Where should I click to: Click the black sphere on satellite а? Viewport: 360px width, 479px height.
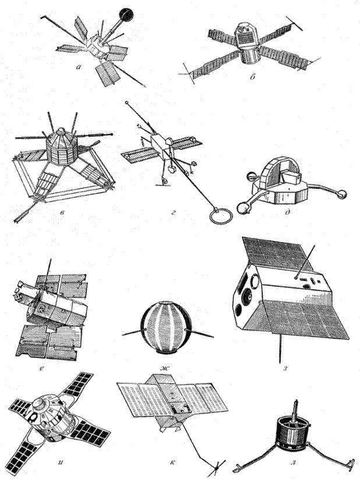(x=127, y=14)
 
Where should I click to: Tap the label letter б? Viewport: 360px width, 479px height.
(x=252, y=77)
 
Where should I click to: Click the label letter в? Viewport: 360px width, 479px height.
(x=62, y=212)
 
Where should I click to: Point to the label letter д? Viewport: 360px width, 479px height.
(x=288, y=212)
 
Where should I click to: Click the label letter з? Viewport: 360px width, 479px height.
(x=285, y=368)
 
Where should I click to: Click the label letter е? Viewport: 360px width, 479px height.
(x=41, y=369)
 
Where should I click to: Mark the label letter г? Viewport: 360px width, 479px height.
(x=173, y=211)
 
